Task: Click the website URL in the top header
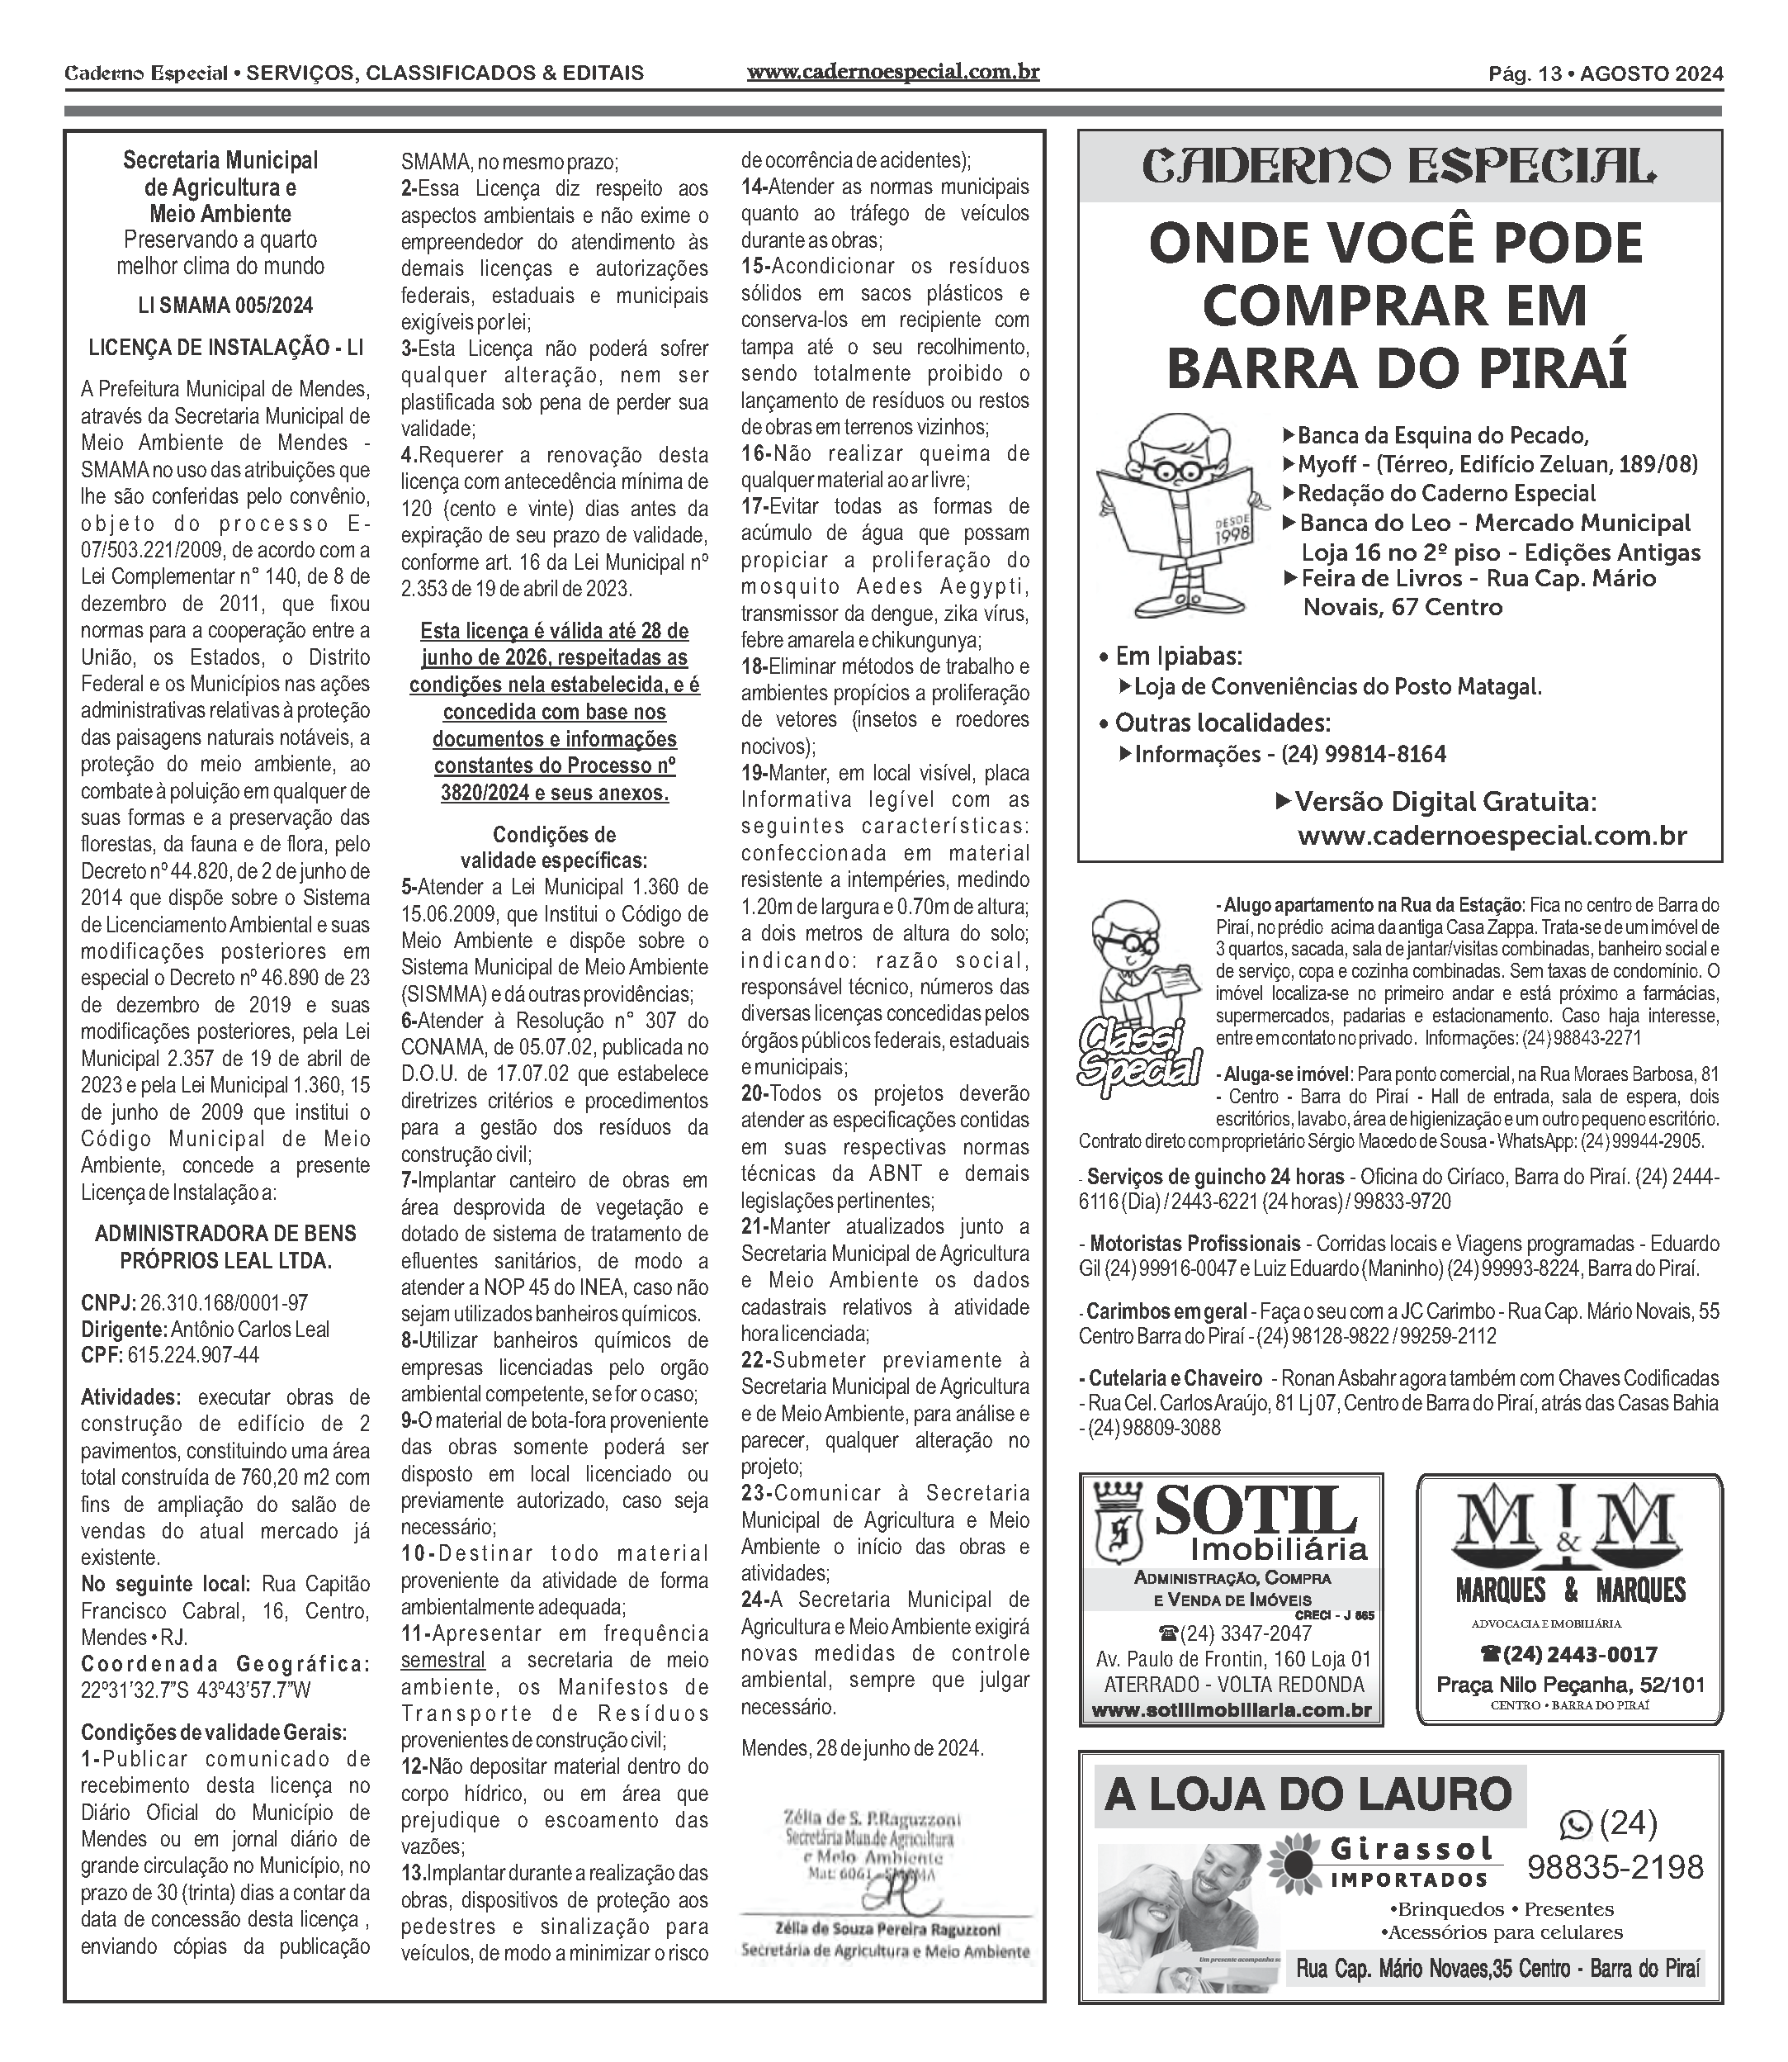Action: tap(893, 73)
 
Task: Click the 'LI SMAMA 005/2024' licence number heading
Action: tap(225, 306)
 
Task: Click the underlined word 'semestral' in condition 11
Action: tap(443, 1660)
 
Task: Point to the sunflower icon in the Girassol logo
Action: tap(1300, 1861)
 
